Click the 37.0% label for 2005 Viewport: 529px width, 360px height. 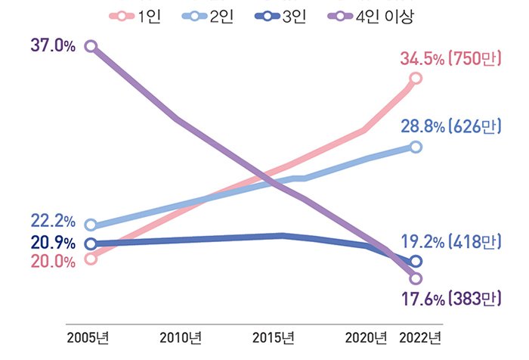pos(53,45)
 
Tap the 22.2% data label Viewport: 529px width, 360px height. pos(53,222)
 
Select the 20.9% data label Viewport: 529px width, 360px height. pos(53,243)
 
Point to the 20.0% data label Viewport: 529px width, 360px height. pos(53,262)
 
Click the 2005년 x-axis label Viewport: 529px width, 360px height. pos(88,337)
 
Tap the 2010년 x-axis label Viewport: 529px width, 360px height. pos(181,337)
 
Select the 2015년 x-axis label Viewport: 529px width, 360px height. pos(274,337)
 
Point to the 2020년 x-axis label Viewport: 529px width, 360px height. pos(366,337)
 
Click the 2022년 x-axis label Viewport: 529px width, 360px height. pos(419,337)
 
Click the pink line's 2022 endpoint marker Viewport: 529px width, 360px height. pos(415,79)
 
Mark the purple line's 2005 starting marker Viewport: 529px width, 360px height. pos(91,46)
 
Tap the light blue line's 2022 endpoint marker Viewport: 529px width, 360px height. pos(415,146)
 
